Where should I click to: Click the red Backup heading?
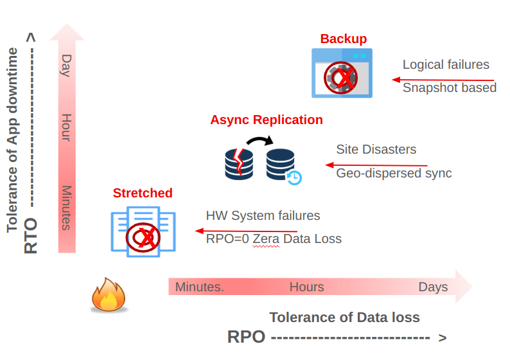pyautogui.click(x=344, y=39)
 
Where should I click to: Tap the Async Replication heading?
pyautogui.click(x=267, y=120)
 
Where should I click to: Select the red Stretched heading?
pyautogui.click(x=143, y=193)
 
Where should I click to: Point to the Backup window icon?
pyautogui.click(x=342, y=73)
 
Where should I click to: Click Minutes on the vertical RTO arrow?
pyautogui.click(x=66, y=208)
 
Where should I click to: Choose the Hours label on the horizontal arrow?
pyautogui.click(x=306, y=287)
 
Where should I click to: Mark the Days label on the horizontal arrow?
pyautogui.click(x=433, y=287)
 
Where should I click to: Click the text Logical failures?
pyautogui.click(x=446, y=64)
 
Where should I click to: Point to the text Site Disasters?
pyautogui.click(x=376, y=149)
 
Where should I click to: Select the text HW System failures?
pyautogui.click(x=263, y=215)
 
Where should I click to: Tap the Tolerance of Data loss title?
pyautogui.click(x=344, y=317)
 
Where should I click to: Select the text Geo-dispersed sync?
pyautogui.click(x=394, y=173)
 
